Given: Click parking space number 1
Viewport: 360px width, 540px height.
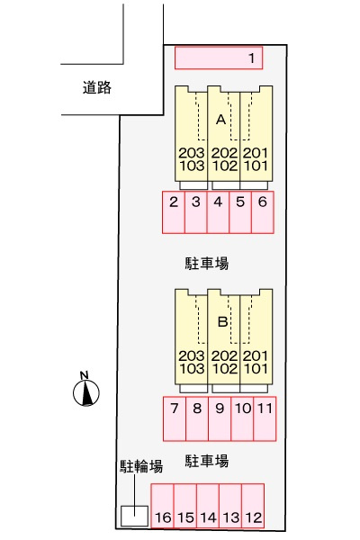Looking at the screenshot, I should pos(220,58).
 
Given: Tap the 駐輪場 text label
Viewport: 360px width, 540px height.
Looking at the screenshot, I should pos(141,466).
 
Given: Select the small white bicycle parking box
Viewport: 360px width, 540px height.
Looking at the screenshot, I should pos(134,516).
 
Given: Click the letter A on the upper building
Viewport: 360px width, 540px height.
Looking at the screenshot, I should pos(221,118).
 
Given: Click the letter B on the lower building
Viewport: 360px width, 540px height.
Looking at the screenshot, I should pos(221,320).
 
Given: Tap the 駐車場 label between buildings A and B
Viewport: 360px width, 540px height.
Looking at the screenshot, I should pos(207,264).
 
